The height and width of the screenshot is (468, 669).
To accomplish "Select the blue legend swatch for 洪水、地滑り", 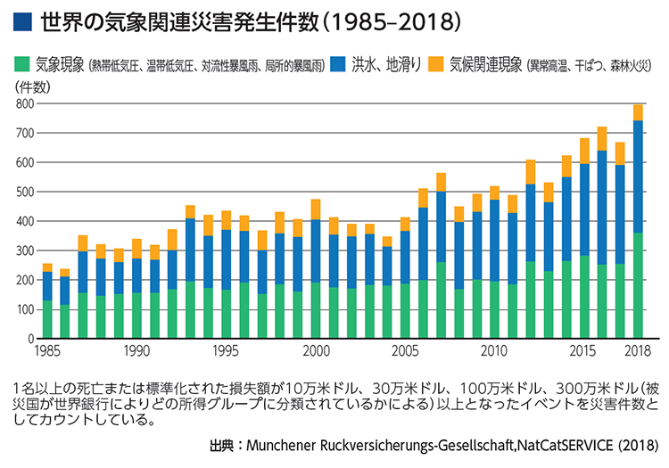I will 336,64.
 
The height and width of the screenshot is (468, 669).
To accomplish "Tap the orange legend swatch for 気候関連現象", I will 436,64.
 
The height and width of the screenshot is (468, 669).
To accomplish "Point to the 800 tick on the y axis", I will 24,103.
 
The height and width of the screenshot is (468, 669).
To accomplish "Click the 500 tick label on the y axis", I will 24,192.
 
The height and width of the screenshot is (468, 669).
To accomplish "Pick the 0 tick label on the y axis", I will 30,340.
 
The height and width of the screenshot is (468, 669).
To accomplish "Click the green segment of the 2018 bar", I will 638,285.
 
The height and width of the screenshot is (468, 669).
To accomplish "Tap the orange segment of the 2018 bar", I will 638,112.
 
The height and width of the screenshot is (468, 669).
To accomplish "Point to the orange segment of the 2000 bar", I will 316,209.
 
